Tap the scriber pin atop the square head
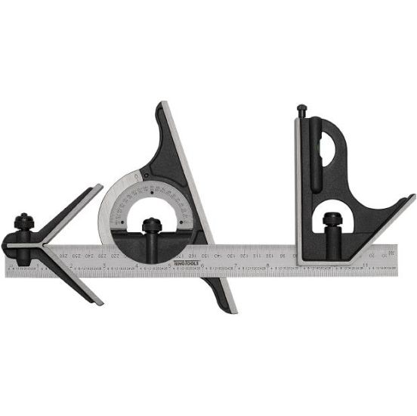[x=301, y=110]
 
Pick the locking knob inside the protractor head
[x=152, y=226]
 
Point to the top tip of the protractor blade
[x=162, y=104]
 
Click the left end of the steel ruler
[x=7, y=262]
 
